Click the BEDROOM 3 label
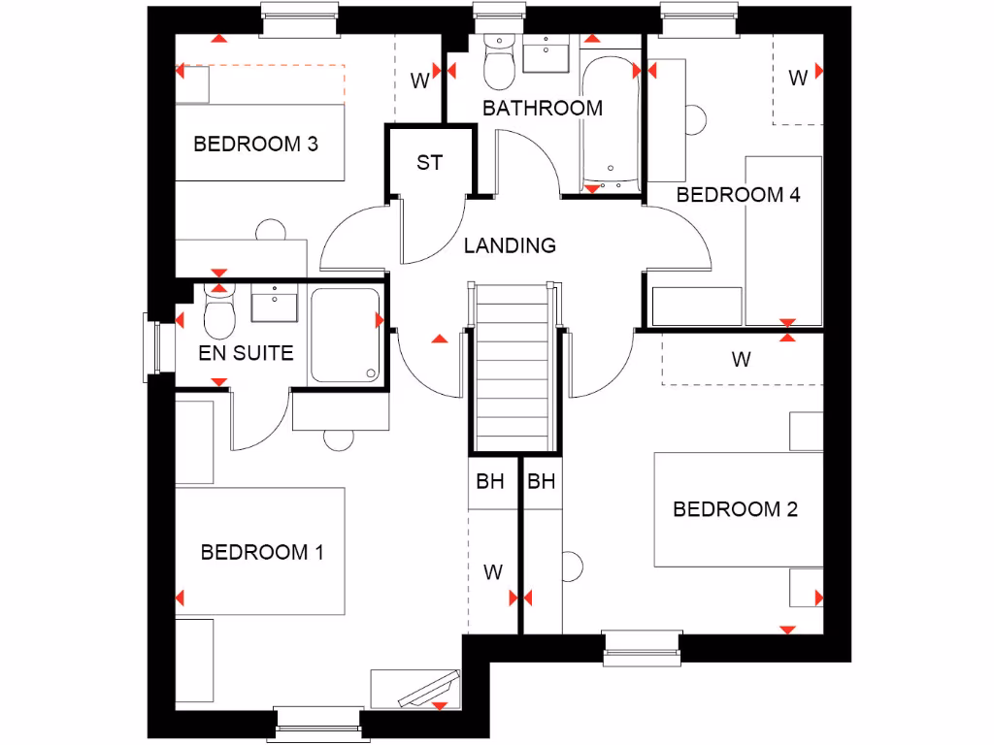click(x=256, y=145)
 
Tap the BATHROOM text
click(x=543, y=108)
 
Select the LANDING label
click(x=510, y=245)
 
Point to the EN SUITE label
click(x=246, y=353)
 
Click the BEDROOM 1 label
click(x=262, y=552)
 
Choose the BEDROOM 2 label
click(x=736, y=509)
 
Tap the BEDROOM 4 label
click(x=739, y=194)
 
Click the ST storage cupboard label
click(x=429, y=163)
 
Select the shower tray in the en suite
click(x=345, y=335)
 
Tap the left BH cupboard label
click(x=490, y=481)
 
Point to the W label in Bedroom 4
click(x=798, y=79)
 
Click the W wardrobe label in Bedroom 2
click(x=742, y=360)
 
